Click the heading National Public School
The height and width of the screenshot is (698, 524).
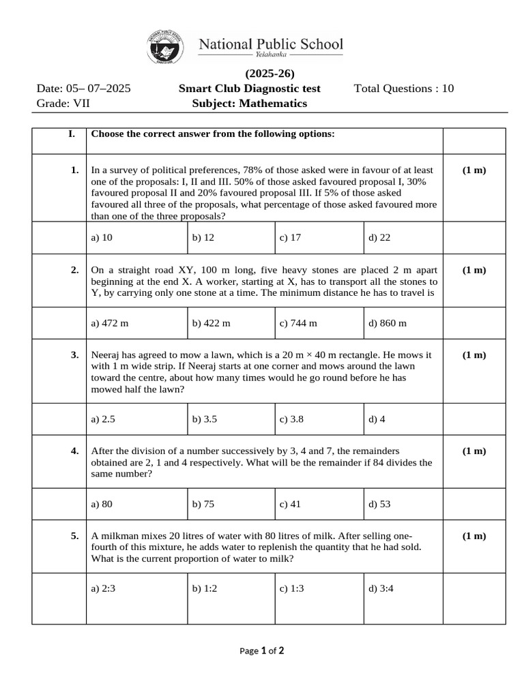coord(270,45)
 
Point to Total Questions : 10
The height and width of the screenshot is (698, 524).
coord(404,89)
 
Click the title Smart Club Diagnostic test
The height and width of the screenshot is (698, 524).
coord(249,89)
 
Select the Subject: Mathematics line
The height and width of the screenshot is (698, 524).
coord(250,104)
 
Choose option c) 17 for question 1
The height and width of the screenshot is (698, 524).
coord(290,238)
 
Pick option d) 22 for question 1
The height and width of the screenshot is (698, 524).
coord(380,238)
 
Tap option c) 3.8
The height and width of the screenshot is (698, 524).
coord(291,419)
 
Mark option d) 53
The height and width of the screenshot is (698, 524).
coord(379,504)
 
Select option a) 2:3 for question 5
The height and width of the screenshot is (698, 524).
coord(104,589)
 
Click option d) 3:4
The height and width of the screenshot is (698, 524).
coord(379,589)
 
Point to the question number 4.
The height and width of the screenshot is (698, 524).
coord(74,451)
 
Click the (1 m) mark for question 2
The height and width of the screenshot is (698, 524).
coord(474,270)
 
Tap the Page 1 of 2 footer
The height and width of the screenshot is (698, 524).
coord(262,651)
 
